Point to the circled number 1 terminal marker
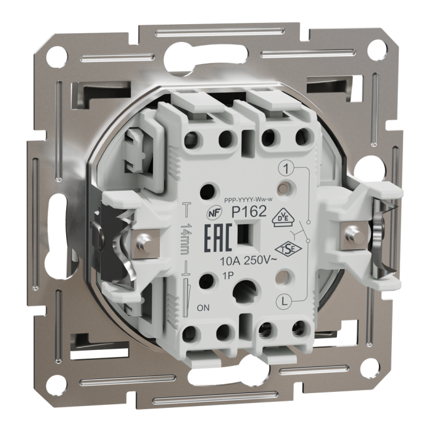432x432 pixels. (285, 168)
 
